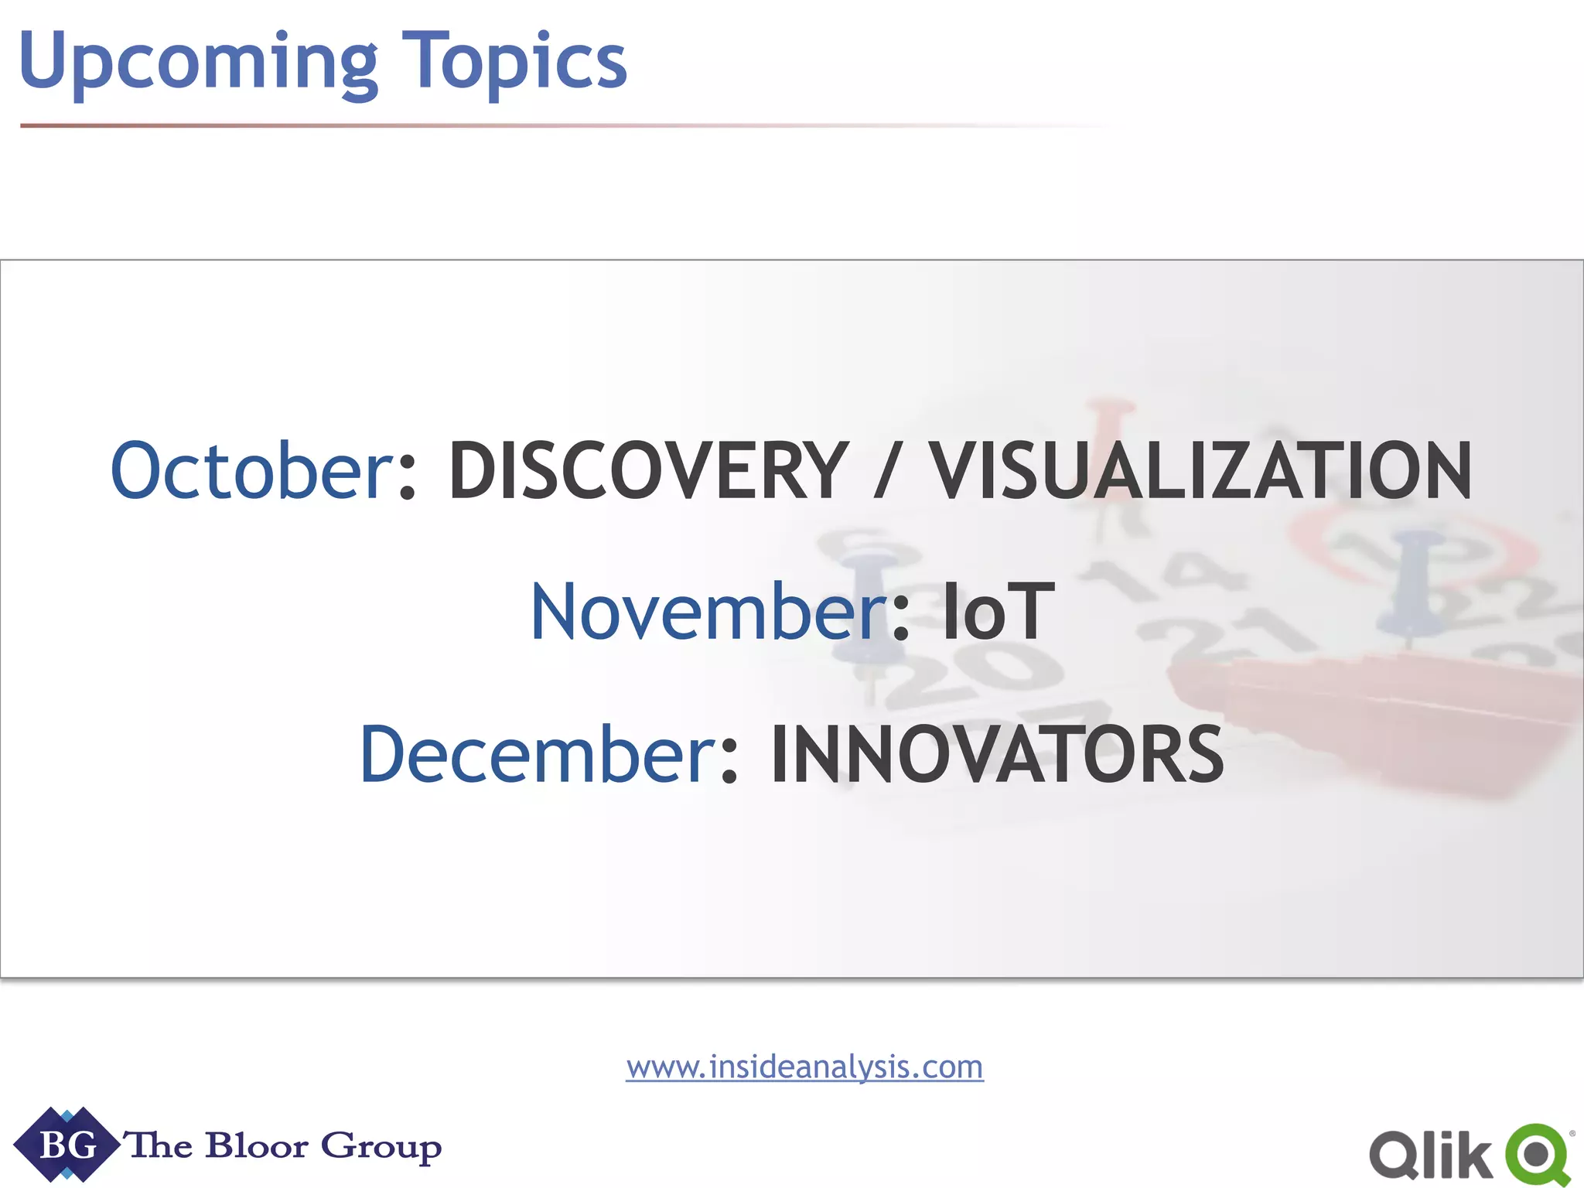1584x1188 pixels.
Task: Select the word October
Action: (x=252, y=470)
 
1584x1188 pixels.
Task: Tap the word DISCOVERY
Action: (x=648, y=470)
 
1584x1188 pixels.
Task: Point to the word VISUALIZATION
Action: (x=1200, y=470)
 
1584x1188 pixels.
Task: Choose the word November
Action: (x=707, y=613)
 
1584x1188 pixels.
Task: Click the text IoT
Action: (x=998, y=613)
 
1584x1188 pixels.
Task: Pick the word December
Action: (x=538, y=754)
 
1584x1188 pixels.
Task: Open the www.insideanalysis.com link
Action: (x=804, y=1067)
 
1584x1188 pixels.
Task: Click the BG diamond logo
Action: (x=67, y=1145)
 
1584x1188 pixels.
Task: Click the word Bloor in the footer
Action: (x=257, y=1145)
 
